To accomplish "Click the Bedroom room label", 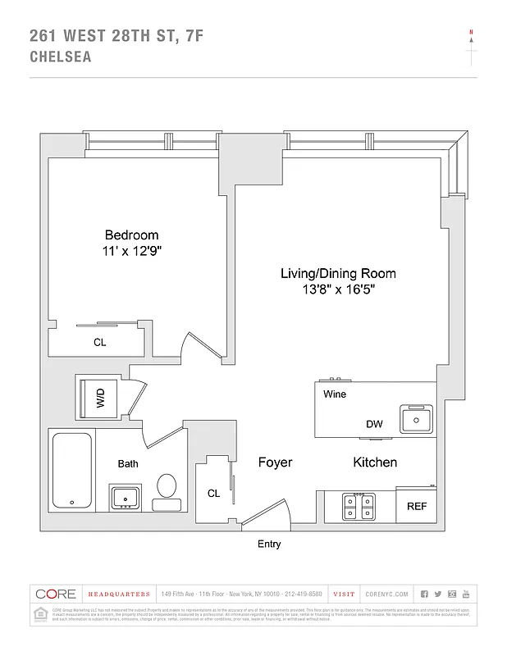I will (131, 235).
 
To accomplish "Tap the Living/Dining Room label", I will (338, 273).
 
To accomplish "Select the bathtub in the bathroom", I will (71, 470).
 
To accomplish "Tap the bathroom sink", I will (125, 497).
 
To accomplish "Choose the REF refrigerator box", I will (417, 506).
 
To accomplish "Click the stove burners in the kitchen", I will (359, 506).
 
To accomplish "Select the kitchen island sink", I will (418, 420).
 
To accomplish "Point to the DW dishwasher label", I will (374, 424).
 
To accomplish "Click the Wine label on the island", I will (335, 394).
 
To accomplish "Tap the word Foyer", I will (275, 462).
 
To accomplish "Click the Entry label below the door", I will (269, 544).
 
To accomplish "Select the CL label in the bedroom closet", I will (99, 343).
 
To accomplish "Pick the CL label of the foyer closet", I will (213, 494).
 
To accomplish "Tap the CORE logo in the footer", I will (56, 594).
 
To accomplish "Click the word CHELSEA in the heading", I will (60, 57).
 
